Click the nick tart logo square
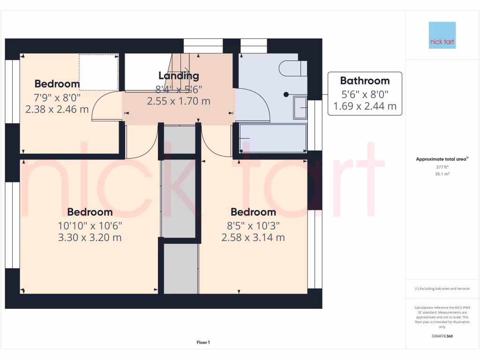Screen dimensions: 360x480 click(x=442, y=35)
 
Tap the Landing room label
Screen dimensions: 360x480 click(x=179, y=75)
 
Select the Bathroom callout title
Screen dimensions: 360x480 click(x=365, y=81)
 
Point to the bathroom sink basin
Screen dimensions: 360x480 click(x=300, y=107)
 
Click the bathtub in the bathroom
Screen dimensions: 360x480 click(x=272, y=138)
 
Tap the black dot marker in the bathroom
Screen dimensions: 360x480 click(x=286, y=95)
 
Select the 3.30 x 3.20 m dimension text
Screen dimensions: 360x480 click(x=90, y=237)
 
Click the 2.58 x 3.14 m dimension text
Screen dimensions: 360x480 click(x=253, y=237)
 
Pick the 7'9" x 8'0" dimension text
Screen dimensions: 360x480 click(x=57, y=97)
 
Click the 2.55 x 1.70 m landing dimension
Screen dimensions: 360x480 click(x=179, y=101)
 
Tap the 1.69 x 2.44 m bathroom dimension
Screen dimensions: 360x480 click(x=365, y=106)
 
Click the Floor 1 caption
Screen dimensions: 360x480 click(x=203, y=343)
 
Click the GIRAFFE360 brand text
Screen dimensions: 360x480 click(x=442, y=336)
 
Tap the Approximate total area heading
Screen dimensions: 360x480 click(x=442, y=159)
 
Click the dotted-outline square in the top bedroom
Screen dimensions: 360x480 click(x=98, y=72)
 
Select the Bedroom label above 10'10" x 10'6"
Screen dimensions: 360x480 click(x=90, y=212)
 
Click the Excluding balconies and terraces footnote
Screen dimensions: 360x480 click(x=442, y=289)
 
